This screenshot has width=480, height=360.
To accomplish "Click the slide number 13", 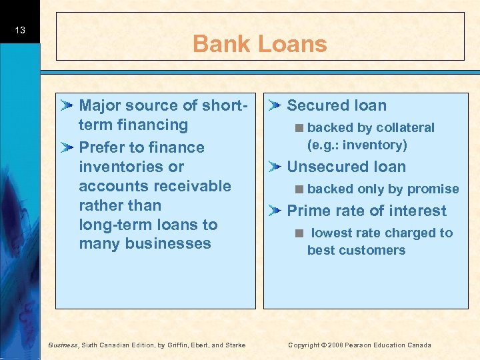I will click(20, 30).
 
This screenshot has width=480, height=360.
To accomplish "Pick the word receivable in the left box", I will click(187, 186).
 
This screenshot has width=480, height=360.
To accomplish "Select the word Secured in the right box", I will click(316, 105).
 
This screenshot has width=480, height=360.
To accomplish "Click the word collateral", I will click(405, 128).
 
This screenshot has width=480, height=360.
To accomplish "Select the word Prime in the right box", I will click(305, 211).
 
